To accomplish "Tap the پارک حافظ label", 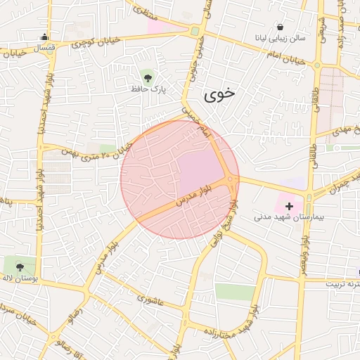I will coord(146,89).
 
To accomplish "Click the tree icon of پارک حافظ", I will coord(147,75).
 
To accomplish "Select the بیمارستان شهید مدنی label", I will coord(290,218).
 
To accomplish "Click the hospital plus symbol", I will coord(289,205).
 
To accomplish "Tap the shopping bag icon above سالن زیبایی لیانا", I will coord(281,26).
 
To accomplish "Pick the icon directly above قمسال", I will coord(45,38).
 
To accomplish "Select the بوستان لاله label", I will coord(19,279).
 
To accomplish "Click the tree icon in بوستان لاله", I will coord(20,266).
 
